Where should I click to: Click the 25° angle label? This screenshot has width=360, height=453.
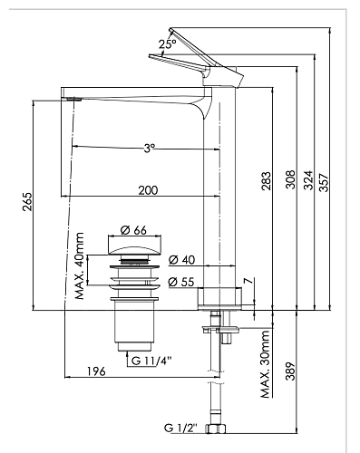pos(167,43)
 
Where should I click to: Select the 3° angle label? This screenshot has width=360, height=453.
pos(149,148)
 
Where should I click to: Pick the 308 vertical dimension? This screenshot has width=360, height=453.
pos(289,178)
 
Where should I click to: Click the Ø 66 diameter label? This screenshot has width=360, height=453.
pos(133,228)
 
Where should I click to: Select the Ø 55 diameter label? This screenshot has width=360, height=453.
pos(180,283)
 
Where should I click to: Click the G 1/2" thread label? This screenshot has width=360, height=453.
pos(181,427)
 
